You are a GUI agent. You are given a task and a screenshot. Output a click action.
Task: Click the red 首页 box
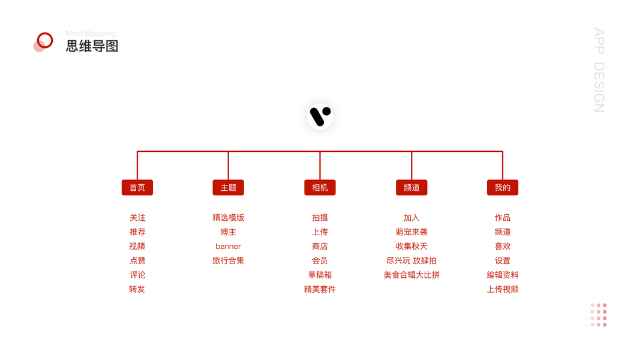137,188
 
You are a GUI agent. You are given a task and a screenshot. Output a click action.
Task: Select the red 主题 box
229,188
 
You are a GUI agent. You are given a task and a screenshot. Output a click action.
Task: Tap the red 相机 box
320,188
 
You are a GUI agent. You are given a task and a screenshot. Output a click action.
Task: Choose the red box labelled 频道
411,188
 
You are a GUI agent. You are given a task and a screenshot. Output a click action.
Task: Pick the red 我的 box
503,188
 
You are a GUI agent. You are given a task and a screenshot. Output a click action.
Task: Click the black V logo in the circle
320,116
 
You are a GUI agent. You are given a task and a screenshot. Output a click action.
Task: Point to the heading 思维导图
92,46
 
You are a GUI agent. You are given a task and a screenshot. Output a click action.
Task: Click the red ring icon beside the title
44,41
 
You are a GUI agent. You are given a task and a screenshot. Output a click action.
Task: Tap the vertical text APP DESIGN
599,70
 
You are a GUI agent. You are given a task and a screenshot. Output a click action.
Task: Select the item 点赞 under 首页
137,260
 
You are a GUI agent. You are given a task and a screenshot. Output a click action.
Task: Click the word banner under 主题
229,246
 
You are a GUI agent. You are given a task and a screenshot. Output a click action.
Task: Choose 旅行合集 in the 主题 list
229,260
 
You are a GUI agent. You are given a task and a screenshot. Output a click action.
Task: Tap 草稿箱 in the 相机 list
320,275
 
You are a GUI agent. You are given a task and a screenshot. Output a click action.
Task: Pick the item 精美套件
320,289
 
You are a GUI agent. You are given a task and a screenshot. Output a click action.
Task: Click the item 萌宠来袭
411,232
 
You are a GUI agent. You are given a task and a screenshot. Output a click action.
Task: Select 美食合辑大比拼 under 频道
411,275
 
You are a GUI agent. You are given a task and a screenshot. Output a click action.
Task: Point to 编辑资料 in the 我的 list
503,275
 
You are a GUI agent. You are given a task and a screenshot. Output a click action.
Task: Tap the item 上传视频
503,289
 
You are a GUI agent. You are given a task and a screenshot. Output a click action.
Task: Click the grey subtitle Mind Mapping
90,34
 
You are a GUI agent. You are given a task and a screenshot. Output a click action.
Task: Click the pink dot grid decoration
596,315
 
